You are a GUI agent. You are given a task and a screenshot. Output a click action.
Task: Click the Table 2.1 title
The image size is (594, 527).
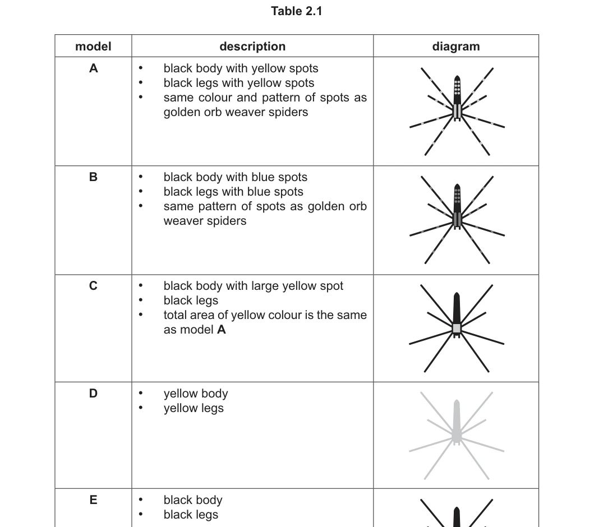coord(297,11)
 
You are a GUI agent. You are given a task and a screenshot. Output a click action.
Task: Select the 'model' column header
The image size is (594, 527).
coord(93,46)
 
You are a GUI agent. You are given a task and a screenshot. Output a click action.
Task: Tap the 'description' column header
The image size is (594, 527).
coord(252,46)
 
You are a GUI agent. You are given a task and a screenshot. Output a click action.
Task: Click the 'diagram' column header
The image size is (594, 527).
coord(455,46)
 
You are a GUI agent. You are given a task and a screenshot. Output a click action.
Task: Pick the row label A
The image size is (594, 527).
coord(93,68)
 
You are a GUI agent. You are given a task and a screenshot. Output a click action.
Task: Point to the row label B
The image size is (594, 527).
coord(93,177)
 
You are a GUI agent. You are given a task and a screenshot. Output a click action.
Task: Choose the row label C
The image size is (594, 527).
coord(93,285)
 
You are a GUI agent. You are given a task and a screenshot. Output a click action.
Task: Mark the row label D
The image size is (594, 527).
coord(93,394)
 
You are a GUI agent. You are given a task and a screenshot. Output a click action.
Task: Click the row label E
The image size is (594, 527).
coord(93,500)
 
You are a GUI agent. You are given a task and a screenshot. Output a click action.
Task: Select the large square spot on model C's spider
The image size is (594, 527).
coord(457,328)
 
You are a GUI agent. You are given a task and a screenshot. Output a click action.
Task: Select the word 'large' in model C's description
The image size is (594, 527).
coord(261,286)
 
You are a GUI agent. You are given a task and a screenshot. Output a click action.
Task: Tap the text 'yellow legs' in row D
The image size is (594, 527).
coord(194,409)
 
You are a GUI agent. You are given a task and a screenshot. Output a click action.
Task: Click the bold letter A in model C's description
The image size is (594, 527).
coord(221,330)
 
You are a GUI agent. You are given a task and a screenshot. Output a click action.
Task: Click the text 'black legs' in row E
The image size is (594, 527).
coord(191,515)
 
